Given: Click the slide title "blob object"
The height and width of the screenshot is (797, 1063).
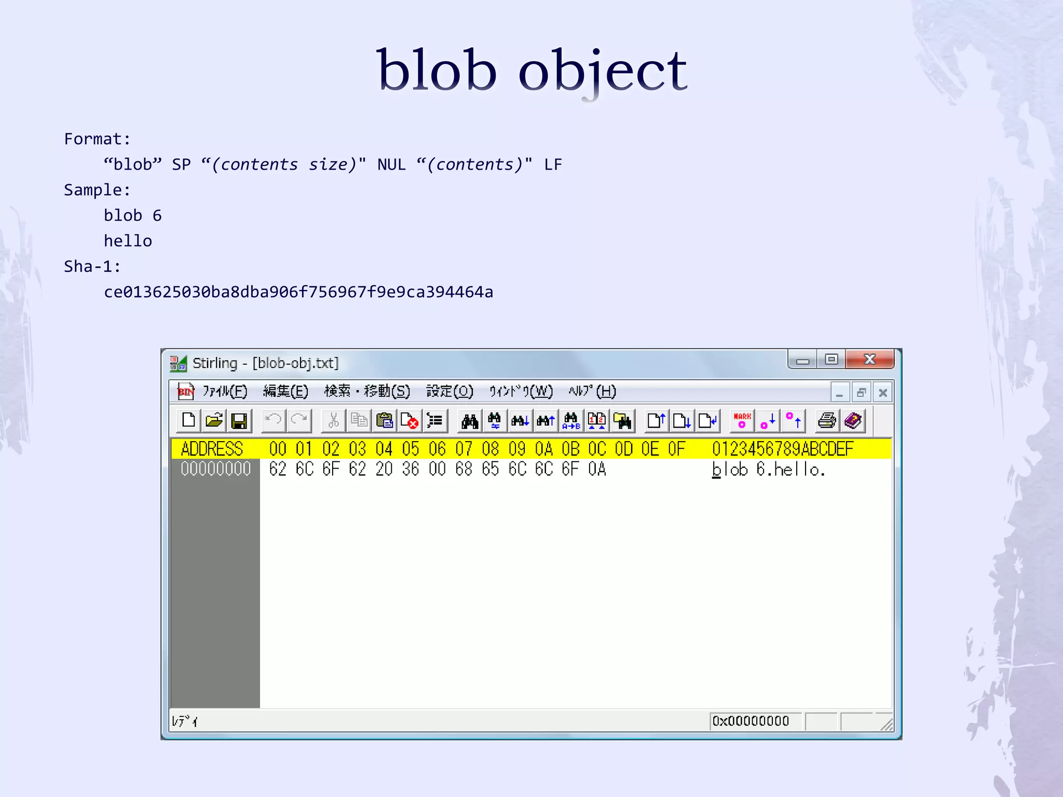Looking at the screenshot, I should pyautogui.click(x=531, y=71).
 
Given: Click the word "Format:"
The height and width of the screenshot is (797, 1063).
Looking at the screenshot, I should pyautogui.click(x=97, y=139).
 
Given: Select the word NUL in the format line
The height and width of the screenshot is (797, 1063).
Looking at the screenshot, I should pyautogui.click(x=391, y=164).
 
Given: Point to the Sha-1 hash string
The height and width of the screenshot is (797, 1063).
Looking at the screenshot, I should pyautogui.click(x=298, y=292).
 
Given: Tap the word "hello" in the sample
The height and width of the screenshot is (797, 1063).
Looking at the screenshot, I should pyautogui.click(x=128, y=241).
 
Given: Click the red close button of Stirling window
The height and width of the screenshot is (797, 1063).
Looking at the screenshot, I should pyautogui.click(x=869, y=359).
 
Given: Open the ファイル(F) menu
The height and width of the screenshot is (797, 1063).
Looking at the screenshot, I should pyautogui.click(x=225, y=391).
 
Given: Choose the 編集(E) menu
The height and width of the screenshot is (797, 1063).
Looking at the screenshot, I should pyautogui.click(x=285, y=391).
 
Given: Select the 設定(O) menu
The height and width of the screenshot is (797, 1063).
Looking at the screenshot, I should pyautogui.click(x=449, y=391).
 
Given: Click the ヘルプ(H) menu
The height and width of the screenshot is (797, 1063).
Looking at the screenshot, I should pyautogui.click(x=592, y=391).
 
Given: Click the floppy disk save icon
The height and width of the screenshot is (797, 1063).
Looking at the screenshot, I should pyautogui.click(x=239, y=420).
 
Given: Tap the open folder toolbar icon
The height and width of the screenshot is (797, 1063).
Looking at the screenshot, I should pyautogui.click(x=214, y=420).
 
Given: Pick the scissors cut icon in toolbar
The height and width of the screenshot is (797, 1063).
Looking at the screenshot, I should pyautogui.click(x=334, y=420).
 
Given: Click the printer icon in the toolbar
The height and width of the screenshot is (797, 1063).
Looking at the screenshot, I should pyautogui.click(x=827, y=420).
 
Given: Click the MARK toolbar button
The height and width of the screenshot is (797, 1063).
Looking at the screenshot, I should pyautogui.click(x=742, y=420).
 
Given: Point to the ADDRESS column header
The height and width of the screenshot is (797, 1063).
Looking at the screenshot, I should pyautogui.click(x=212, y=449).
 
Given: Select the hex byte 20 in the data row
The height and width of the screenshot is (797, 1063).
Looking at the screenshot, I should pyautogui.click(x=384, y=469).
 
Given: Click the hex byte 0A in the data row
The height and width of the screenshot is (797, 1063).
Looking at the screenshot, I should pyautogui.click(x=597, y=469).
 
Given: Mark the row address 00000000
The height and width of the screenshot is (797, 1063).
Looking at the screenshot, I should pyautogui.click(x=215, y=469).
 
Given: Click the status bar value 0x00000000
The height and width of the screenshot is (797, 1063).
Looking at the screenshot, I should pyautogui.click(x=751, y=721).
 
